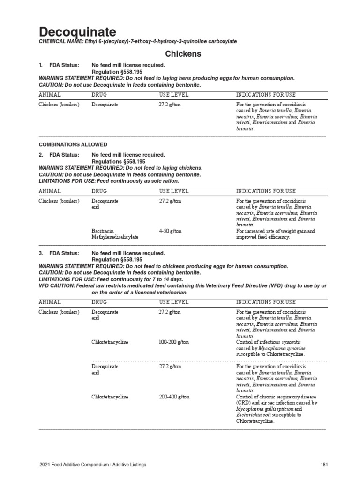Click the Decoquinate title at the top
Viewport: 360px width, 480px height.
coord(77,32)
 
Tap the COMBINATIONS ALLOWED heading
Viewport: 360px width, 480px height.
coord(73,144)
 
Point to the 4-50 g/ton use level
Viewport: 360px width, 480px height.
coord(170,231)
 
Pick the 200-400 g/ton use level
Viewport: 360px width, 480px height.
coord(174,397)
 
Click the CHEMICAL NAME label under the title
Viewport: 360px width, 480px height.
coord(60,42)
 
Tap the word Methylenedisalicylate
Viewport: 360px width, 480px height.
coord(115,237)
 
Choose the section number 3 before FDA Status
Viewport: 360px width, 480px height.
coord(41,253)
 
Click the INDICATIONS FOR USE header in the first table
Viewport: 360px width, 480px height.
coord(266,95)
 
